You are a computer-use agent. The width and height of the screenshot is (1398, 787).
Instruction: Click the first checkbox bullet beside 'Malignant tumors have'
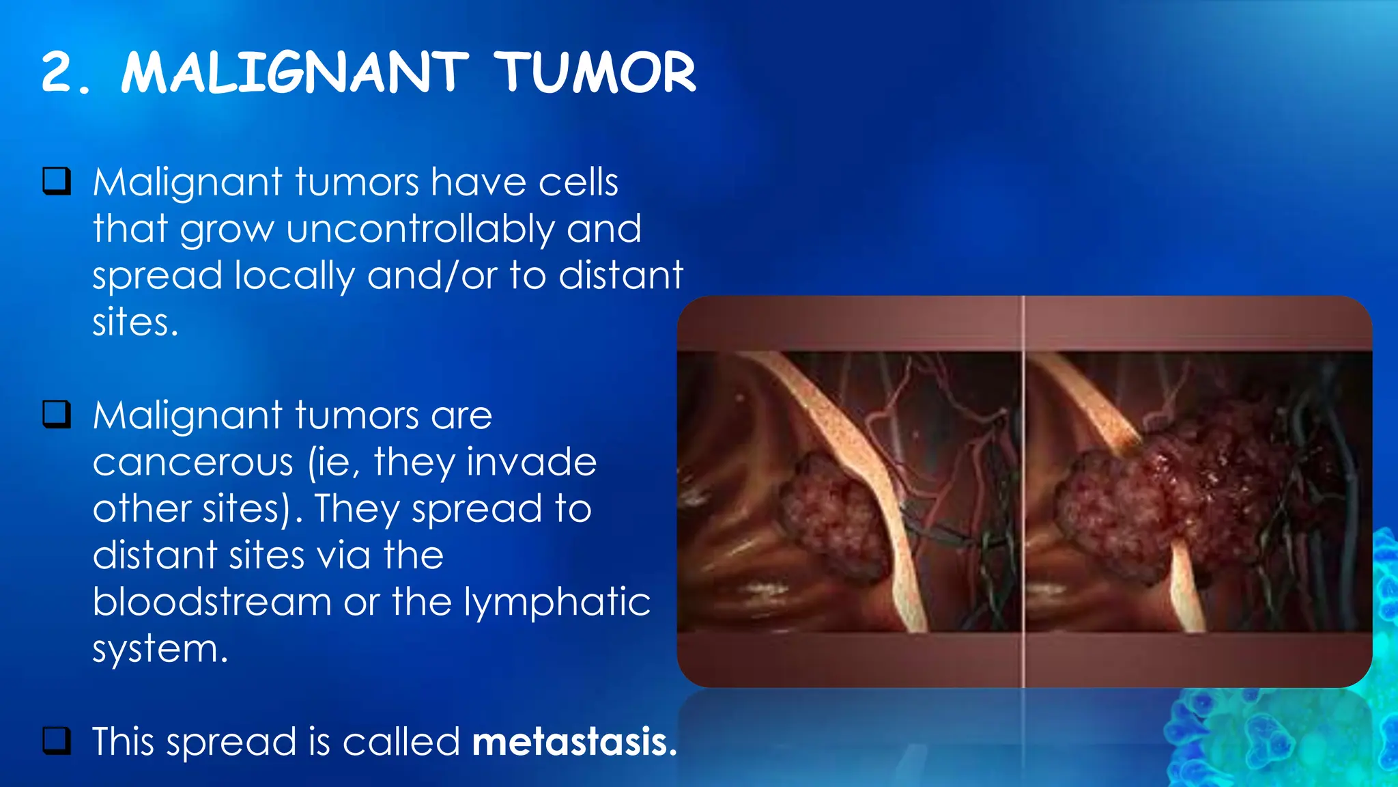[x=57, y=181]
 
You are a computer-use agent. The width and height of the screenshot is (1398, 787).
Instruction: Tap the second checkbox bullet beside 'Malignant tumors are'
[x=57, y=414]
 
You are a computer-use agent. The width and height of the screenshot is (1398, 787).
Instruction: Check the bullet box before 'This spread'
[x=57, y=741]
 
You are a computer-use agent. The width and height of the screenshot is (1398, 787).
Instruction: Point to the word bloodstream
[x=212, y=602]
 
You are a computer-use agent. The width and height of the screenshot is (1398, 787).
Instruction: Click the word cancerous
[x=192, y=462]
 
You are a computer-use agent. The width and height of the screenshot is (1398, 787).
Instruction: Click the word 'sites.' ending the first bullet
[x=135, y=322]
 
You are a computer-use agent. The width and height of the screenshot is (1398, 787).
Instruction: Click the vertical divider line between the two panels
[x=1023, y=492]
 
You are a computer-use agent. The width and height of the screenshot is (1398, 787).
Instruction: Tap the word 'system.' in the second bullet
[x=160, y=649]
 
